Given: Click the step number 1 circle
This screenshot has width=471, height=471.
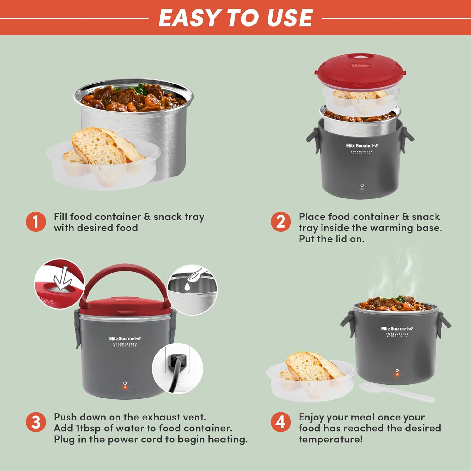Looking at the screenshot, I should pyautogui.click(x=36, y=222).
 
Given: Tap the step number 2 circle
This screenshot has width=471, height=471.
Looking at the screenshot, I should pyautogui.click(x=281, y=222).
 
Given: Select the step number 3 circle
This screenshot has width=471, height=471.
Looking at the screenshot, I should pyautogui.click(x=36, y=422).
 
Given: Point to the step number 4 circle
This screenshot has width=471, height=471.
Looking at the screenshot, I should pyautogui.click(x=281, y=422).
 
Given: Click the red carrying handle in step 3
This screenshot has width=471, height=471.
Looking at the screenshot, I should pyautogui.click(x=125, y=273).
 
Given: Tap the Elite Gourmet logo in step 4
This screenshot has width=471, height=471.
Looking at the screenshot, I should pyautogui.click(x=397, y=329).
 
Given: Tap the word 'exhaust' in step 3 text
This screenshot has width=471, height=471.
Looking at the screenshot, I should pyautogui.click(x=163, y=417).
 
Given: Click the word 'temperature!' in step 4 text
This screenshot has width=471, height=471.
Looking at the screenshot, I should pyautogui.click(x=330, y=439).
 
